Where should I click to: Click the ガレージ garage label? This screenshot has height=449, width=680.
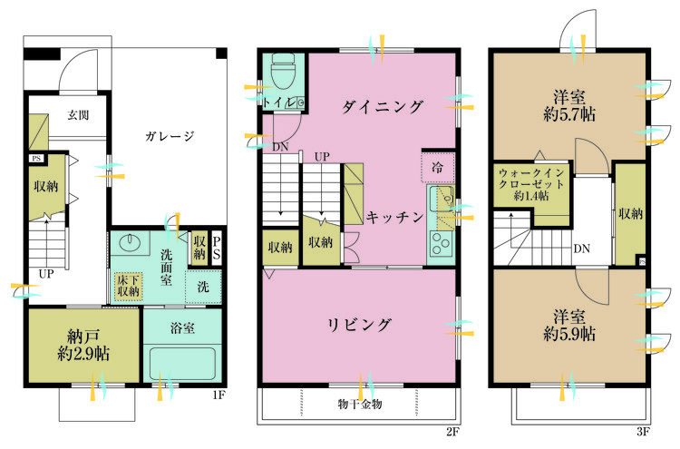(169, 137)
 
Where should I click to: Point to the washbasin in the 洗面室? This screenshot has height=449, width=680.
(130, 243)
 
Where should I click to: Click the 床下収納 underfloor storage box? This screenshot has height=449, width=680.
(128, 287)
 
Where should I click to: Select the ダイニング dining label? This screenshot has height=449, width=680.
(383, 107)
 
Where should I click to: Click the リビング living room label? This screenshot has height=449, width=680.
(359, 325)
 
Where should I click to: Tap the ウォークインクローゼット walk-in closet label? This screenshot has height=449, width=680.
(532, 183)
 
